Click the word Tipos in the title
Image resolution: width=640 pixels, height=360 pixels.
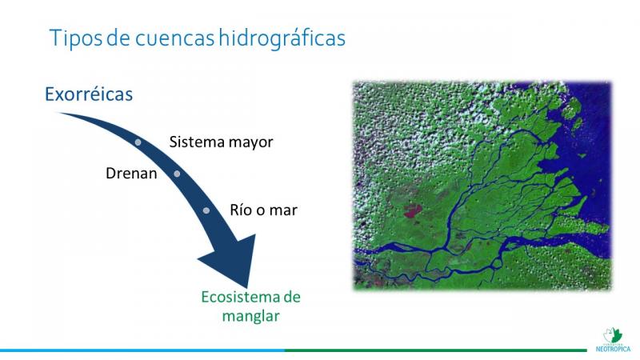[76, 38]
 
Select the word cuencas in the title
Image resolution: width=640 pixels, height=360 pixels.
[174, 38]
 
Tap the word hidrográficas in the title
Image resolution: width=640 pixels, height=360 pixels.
[282, 38]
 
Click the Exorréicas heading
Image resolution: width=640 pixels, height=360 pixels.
[89, 94]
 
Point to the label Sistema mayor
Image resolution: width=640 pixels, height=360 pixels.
[222, 142]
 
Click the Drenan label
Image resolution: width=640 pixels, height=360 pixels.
[131, 174]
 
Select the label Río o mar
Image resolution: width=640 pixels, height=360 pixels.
[264, 210]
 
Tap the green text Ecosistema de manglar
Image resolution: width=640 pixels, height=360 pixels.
[250, 306]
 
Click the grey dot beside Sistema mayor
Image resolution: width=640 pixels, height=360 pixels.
[138, 142]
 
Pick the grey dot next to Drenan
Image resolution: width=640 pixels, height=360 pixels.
[177, 174]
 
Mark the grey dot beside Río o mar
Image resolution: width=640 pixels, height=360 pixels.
[206, 210]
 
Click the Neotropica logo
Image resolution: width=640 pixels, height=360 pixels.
[613, 339]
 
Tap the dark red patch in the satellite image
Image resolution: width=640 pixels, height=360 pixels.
[414, 210]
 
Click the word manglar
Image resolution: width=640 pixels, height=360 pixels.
[250, 316]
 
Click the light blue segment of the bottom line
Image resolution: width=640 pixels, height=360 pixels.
[142, 350]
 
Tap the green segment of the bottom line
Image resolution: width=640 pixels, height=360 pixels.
[435, 350]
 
